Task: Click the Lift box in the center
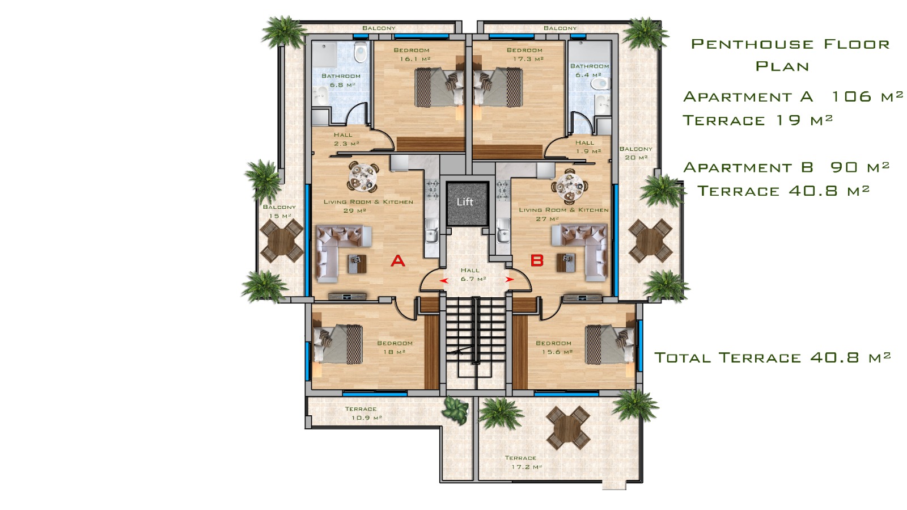pyautogui.click(x=467, y=203)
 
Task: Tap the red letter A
pyautogui.click(x=397, y=261)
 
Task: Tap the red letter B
pyautogui.click(x=537, y=260)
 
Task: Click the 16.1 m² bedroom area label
pyautogui.click(x=415, y=59)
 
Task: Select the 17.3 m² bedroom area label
pyautogui.click(x=528, y=59)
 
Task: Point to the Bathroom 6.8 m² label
pyautogui.click(x=341, y=81)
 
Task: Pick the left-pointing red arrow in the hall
pyautogui.click(x=444, y=280)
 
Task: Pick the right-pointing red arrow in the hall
pyautogui.click(x=510, y=279)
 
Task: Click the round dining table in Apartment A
pyautogui.click(x=363, y=177)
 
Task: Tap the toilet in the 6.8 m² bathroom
pyautogui.click(x=361, y=53)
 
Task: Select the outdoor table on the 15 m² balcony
pyautogui.click(x=281, y=241)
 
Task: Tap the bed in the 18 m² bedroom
pyautogui.click(x=338, y=344)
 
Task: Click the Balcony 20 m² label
pyautogui.click(x=635, y=153)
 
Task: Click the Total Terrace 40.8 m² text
pyautogui.click(x=773, y=357)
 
